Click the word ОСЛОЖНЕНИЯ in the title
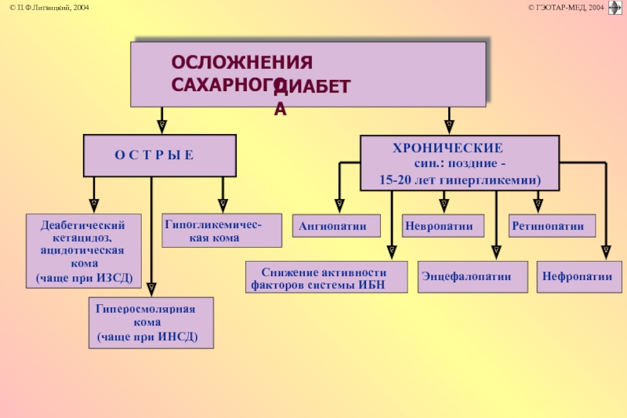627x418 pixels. pos(242,63)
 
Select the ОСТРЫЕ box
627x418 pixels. pos(160,155)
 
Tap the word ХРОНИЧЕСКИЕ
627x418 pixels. pos(448,148)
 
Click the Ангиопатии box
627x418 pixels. pos(336,226)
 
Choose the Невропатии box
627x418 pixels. pos(443,226)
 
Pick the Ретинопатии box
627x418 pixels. pos(552,226)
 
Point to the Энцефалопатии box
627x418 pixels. pos(473,277)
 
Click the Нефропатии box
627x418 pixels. pos(579,277)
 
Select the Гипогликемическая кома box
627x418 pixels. pos(222,231)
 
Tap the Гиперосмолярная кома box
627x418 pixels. pos(151,323)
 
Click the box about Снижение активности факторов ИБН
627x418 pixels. pos(326,277)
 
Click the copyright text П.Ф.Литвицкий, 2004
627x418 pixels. pos(49,8)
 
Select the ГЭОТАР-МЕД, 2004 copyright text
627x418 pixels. pos(566,8)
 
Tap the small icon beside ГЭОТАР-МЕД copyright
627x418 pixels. pos(615,8)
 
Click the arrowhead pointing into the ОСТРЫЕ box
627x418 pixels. pos(161,126)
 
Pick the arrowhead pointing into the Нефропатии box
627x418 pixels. pos(606,253)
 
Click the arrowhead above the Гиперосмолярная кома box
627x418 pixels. pos(151,289)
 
